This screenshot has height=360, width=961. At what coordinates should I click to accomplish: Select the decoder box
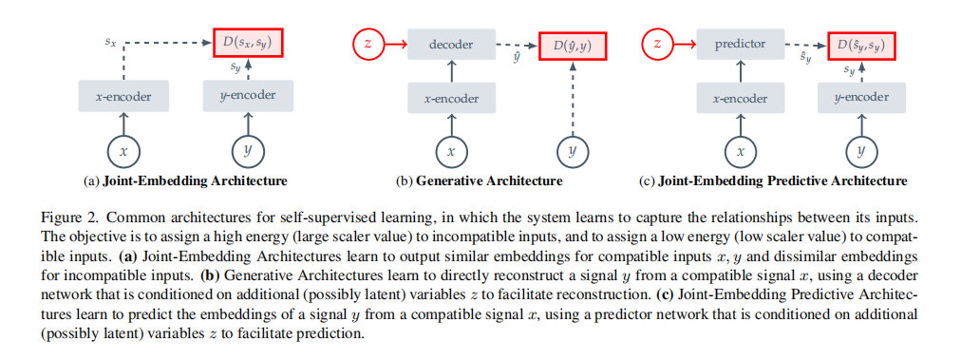coord(452,45)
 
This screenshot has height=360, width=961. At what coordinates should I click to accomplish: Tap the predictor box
coord(741,45)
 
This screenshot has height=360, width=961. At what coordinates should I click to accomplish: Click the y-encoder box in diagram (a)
coord(248,96)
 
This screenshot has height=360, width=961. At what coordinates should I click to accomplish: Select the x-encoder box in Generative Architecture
coord(453,98)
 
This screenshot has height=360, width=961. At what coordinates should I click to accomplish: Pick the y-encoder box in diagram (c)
coord(861,98)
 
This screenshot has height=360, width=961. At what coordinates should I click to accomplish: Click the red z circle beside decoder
coord(367,44)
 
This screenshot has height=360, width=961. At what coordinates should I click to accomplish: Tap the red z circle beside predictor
coord(657,44)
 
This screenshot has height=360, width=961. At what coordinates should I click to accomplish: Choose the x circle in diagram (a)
coord(123,151)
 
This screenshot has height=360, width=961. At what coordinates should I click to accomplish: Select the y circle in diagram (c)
coord(861,151)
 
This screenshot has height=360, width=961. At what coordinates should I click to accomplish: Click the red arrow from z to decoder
coord(395,44)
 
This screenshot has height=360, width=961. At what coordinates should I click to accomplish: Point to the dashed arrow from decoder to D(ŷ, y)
coord(517,45)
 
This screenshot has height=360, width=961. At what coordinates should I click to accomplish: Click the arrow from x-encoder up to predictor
coord(741,71)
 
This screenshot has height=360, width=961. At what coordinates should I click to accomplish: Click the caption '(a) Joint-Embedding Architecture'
coord(185,180)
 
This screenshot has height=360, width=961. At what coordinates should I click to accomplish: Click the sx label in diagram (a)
coord(110,43)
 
